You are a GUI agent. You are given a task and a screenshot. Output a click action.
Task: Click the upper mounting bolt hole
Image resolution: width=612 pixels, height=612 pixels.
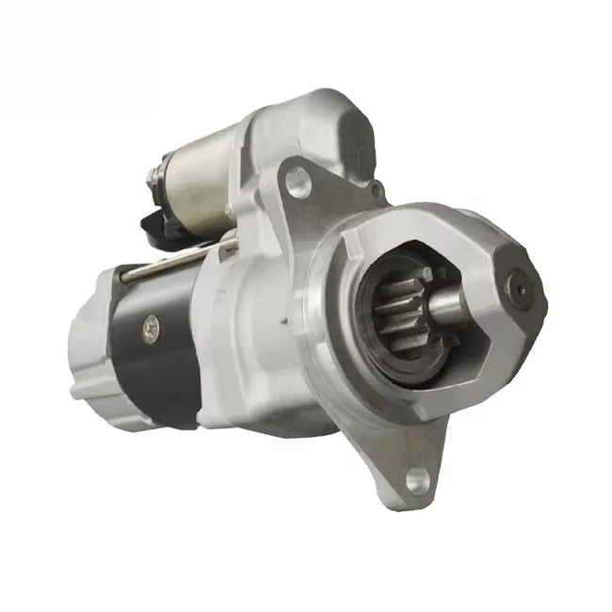click(298, 179)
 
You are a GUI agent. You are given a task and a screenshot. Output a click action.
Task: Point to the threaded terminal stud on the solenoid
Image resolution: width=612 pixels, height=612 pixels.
click(153, 179)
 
